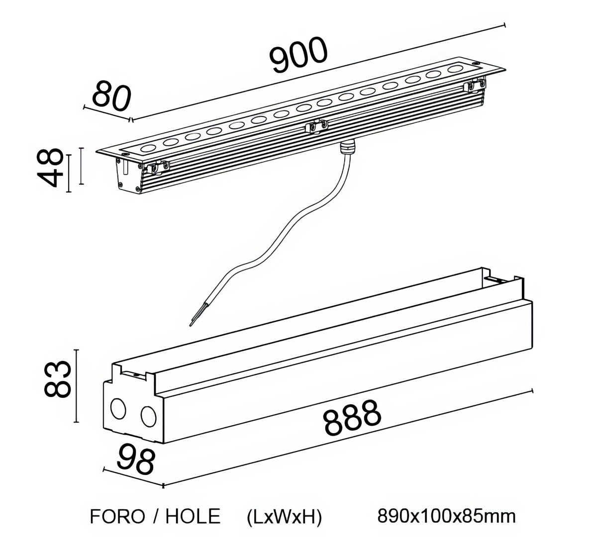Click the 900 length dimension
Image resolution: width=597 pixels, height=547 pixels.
(299, 54)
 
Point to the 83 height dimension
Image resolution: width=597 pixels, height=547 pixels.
(56, 380)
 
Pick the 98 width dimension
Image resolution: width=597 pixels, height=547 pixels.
(136, 460)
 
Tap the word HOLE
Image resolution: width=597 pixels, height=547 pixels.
(193, 517)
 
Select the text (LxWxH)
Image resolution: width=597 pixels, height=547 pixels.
(284, 517)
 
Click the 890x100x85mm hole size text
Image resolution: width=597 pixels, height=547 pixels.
(446, 516)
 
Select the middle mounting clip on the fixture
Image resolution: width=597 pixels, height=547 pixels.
(316, 127)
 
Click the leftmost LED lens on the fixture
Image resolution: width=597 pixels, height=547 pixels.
(149, 148)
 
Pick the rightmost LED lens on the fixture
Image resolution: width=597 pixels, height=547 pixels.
(455, 69)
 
